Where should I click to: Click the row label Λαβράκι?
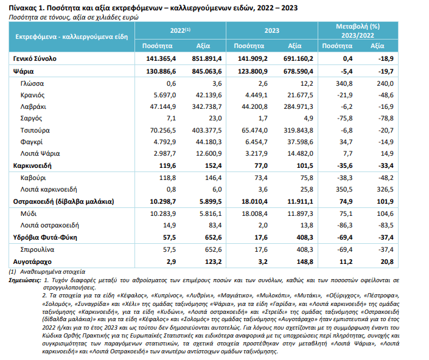[33, 106]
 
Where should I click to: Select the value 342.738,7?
[207, 106]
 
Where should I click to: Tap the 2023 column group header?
[271, 30]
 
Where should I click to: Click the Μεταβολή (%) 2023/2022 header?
[358, 31]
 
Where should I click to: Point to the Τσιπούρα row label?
[35, 130]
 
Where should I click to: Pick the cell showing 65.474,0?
[254, 130]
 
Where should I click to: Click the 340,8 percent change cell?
[344, 84]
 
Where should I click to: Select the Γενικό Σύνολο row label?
[35, 59]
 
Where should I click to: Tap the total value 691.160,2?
[298, 59]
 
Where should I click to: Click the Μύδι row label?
[29, 214]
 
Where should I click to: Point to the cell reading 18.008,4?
[254, 214]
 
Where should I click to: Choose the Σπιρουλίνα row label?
[37, 249]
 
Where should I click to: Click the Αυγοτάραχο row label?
[32, 262]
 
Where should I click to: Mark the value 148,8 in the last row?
[305, 262]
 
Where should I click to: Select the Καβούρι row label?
[33, 178]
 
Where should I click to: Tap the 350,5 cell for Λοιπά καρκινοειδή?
[344, 190]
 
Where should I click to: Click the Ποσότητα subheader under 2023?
[249, 46]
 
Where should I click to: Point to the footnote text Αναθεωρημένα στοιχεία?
[52, 272]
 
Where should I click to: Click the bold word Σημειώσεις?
[25, 280]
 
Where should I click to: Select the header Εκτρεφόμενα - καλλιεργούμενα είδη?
[72, 37]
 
